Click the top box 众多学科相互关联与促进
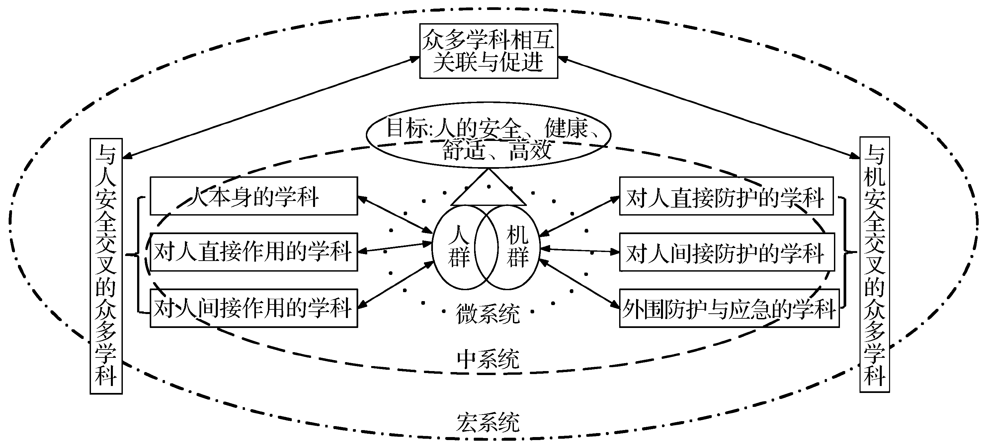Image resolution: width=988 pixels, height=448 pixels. click(x=488, y=51)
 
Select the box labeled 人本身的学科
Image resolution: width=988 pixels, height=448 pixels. click(x=254, y=196)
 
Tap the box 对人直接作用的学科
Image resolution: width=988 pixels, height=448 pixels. click(x=254, y=252)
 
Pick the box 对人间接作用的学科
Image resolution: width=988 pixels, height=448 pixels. click(x=254, y=308)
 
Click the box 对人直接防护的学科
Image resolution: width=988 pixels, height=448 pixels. click(x=726, y=196)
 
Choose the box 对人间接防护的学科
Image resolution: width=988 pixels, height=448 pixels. click(x=727, y=252)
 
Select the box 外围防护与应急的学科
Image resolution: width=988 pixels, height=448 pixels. click(x=729, y=308)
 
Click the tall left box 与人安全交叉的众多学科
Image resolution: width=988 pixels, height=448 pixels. click(x=106, y=266)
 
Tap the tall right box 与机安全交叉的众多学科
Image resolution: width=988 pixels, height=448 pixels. click(x=874, y=264)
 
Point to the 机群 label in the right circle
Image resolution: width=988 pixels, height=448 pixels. click(x=518, y=246)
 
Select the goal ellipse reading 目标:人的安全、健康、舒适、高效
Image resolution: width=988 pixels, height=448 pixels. click(x=488, y=135)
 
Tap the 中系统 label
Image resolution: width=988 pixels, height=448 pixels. click(x=488, y=359)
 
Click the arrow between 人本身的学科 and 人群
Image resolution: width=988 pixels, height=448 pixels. click(x=395, y=215)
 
